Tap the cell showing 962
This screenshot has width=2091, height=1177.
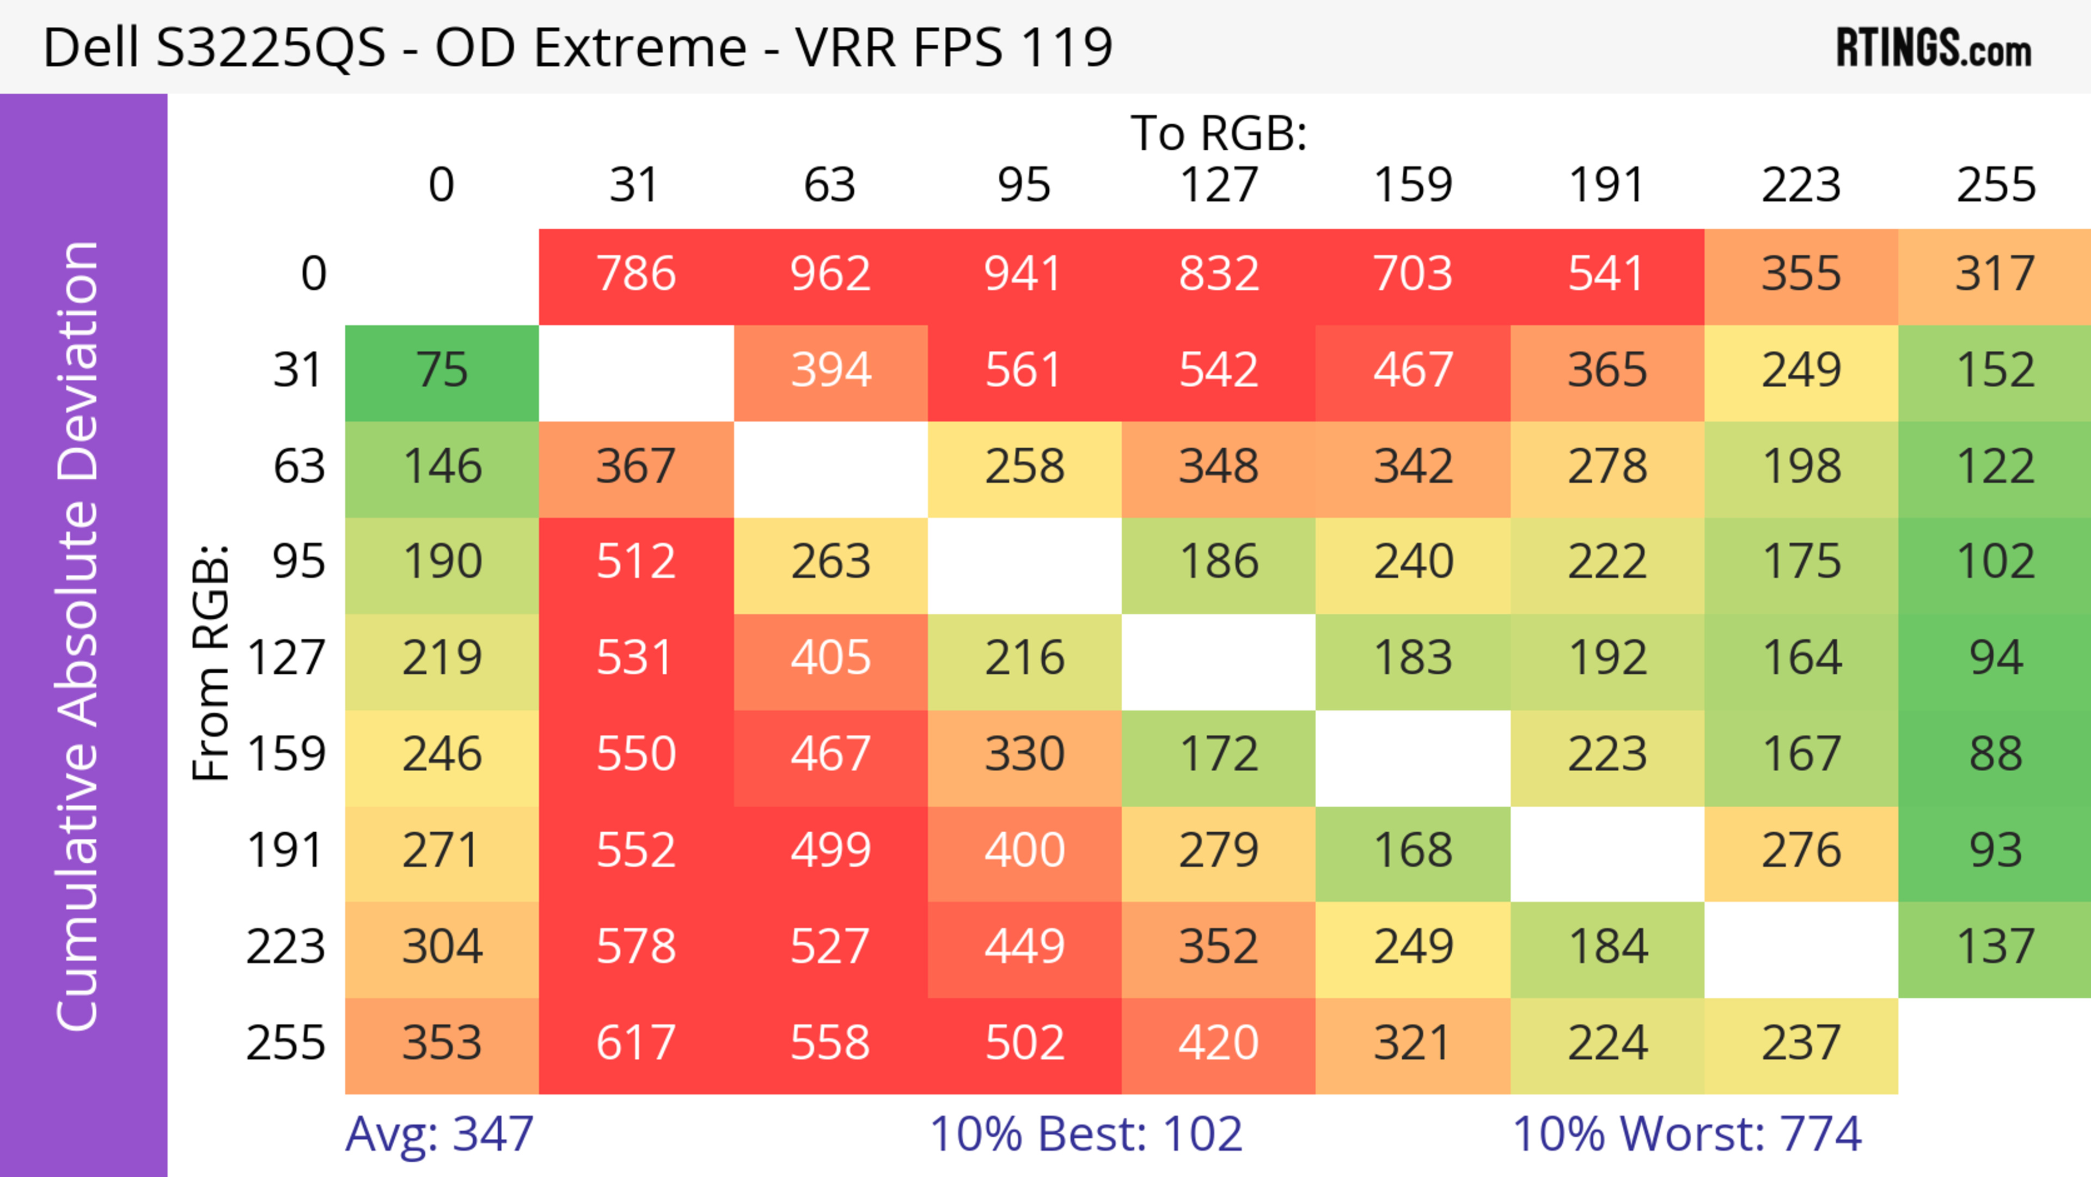pyautogui.click(x=830, y=275)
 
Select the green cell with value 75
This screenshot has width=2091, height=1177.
pyautogui.click(x=442, y=371)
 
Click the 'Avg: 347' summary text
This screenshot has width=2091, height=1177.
pyautogui.click(x=439, y=1133)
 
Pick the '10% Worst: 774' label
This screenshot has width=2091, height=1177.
pyautogui.click(x=1687, y=1133)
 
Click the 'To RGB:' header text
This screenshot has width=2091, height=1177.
pyautogui.click(x=1219, y=133)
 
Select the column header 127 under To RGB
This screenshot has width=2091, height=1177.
pyautogui.click(x=1219, y=185)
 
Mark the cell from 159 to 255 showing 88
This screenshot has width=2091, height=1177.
pyautogui.click(x=1995, y=755)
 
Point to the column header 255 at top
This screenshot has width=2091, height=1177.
pyautogui.click(x=1995, y=185)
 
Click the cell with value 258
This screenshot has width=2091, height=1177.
pyautogui.click(x=1024, y=467)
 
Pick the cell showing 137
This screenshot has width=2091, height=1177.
pyautogui.click(x=1995, y=947)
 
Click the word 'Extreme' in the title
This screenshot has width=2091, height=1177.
pyautogui.click(x=640, y=47)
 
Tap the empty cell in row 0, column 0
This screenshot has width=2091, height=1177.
pyautogui.click(x=442, y=275)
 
